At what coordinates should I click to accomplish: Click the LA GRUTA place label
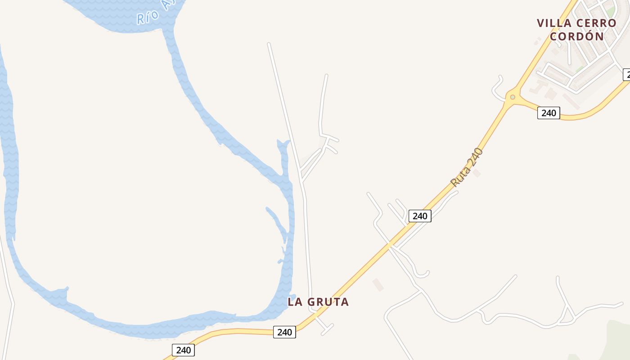pyautogui.click(x=318, y=302)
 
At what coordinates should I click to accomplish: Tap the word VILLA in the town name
pyautogui.click(x=554, y=23)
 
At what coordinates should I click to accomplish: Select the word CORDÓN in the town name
pyautogui.click(x=577, y=36)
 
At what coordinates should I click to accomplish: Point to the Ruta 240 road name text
pyautogui.click(x=467, y=167)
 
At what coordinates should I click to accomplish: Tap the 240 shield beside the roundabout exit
pyautogui.click(x=549, y=113)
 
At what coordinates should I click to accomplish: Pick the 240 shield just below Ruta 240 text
pyautogui.click(x=420, y=216)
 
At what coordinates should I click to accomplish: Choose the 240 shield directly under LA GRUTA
pyautogui.click(x=284, y=333)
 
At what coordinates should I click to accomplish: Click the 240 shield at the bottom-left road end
pyautogui.click(x=183, y=350)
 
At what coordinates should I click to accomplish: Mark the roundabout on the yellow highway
pyautogui.click(x=512, y=97)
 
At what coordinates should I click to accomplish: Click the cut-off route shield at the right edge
pyautogui.click(x=626, y=75)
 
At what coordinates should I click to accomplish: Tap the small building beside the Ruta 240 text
pyautogui.click(x=477, y=173)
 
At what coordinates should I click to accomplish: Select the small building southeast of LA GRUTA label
pyautogui.click(x=378, y=284)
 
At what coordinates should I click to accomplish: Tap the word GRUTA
pyautogui.click(x=328, y=302)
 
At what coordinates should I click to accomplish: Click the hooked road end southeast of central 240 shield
pyautogui.click(x=425, y=273)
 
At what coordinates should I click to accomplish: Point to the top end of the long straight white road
pyautogui.click(x=269, y=44)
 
